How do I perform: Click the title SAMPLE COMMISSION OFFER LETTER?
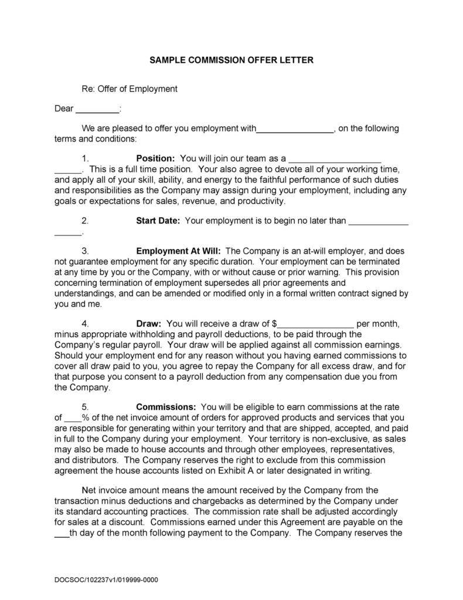click(x=231, y=60)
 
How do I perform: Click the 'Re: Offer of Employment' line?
click(x=129, y=89)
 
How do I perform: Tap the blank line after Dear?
click(x=97, y=109)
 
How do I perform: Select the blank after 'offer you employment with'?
click(x=295, y=129)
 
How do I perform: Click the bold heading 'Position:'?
click(x=155, y=159)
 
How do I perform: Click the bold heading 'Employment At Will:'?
click(x=178, y=251)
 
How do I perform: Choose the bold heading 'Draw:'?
click(x=149, y=323)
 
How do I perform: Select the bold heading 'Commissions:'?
click(x=166, y=407)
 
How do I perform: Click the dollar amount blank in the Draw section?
click(x=316, y=323)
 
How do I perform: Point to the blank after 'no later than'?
click(x=378, y=221)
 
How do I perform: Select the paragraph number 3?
click(x=85, y=251)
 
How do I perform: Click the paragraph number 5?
click(x=85, y=407)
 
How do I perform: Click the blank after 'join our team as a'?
click(x=335, y=159)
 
